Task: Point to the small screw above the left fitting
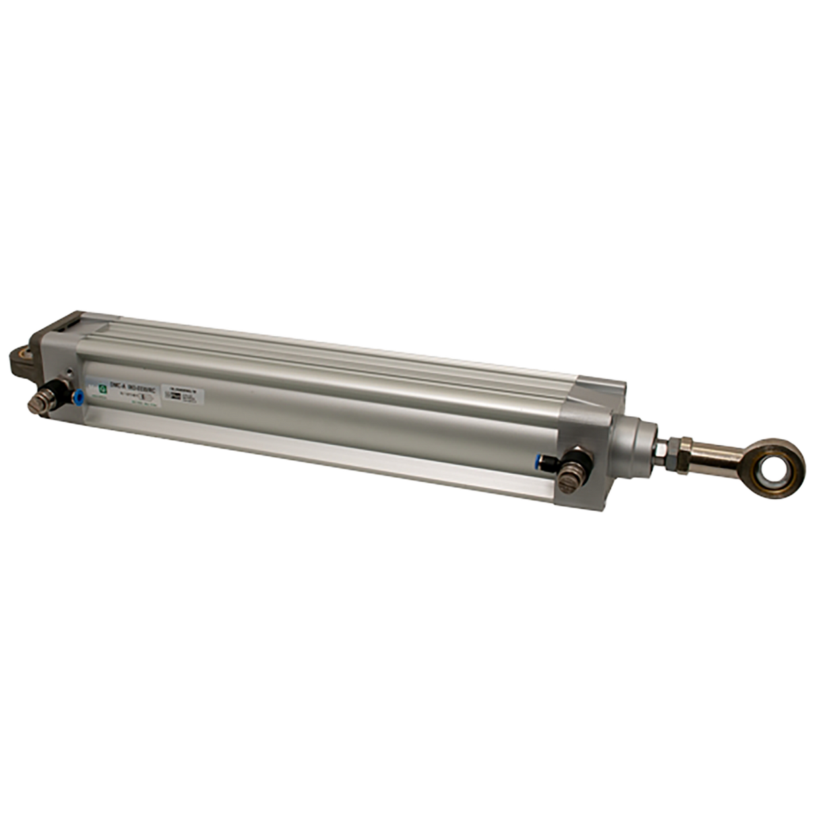pos(70,372)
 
